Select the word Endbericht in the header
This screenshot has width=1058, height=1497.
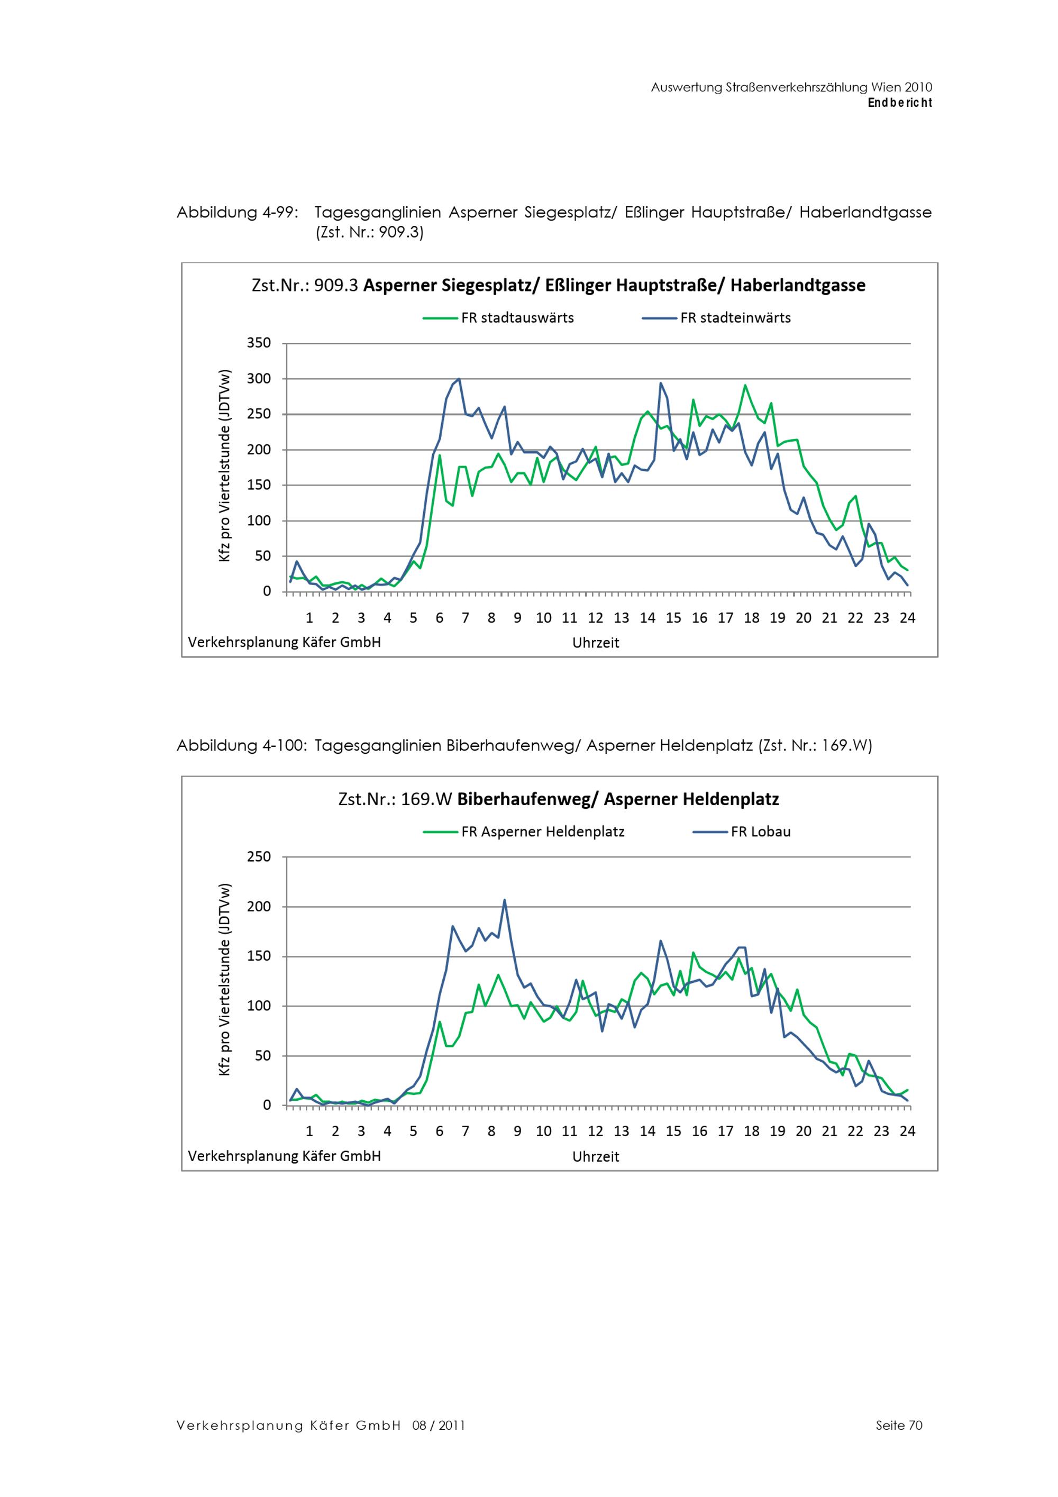pos(900,103)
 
